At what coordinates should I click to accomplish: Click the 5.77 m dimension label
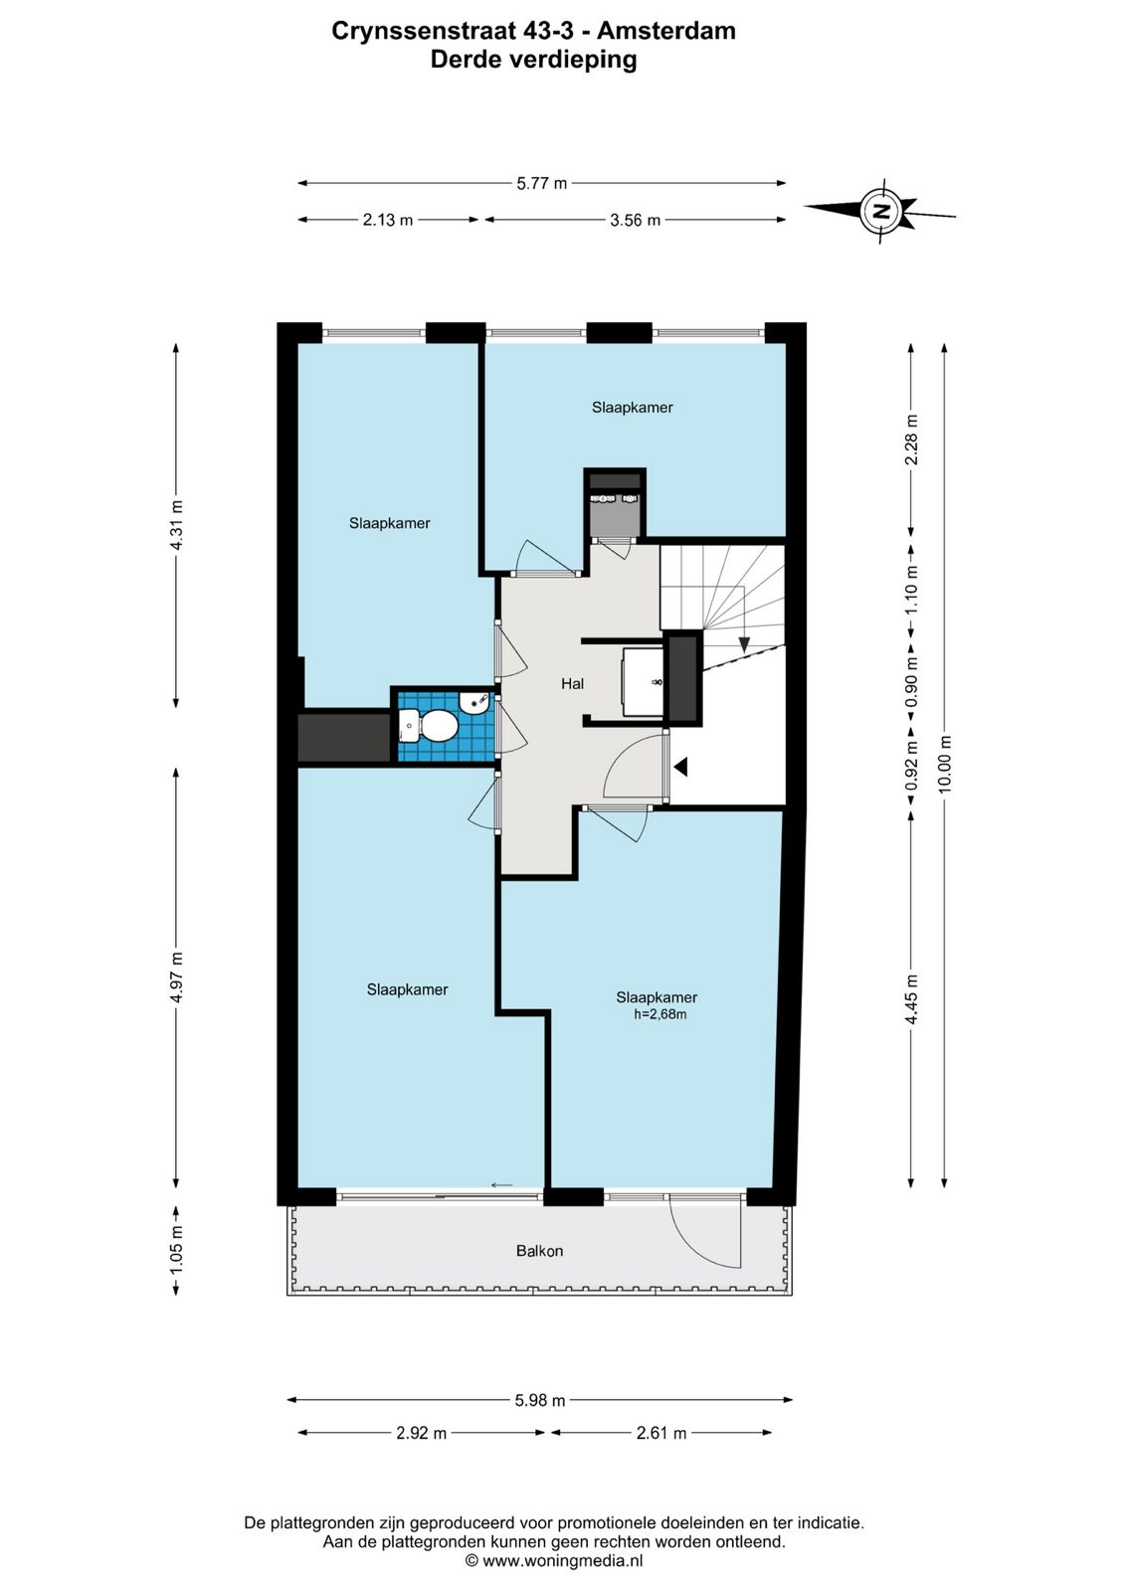[x=541, y=183]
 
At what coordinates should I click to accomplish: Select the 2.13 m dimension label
[x=388, y=220]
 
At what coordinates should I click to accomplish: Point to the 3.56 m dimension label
[x=635, y=220]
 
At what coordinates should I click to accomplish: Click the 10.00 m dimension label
[x=945, y=763]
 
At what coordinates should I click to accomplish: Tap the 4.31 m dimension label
[x=176, y=525]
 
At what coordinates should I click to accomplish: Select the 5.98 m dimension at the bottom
[x=540, y=1400]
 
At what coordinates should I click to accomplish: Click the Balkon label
[x=539, y=1251]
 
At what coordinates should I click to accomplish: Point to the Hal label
[x=572, y=683]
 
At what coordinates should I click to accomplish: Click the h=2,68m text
[x=660, y=1015]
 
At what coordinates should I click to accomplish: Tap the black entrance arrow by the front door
[x=681, y=767]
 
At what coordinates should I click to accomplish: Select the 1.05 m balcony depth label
[x=176, y=1251]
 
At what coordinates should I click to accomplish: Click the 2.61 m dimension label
[x=661, y=1433]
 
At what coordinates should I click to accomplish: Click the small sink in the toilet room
[x=473, y=704]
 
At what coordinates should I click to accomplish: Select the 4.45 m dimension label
[x=910, y=1006]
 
